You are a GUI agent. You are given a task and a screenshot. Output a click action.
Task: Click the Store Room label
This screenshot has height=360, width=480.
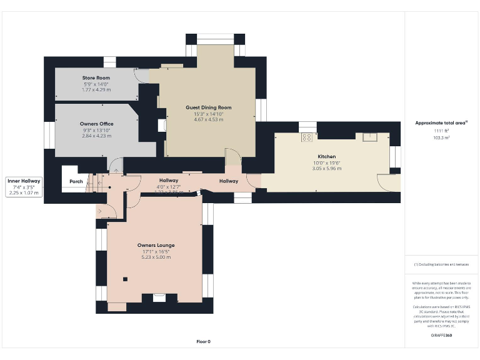click(96, 77)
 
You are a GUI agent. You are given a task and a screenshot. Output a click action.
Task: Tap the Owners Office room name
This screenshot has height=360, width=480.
click(96, 123)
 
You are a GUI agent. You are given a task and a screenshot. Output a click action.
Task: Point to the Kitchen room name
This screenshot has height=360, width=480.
click(326, 156)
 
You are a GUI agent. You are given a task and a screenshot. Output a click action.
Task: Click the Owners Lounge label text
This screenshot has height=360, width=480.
click(156, 245)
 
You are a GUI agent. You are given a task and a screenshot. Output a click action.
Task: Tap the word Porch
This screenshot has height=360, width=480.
click(76, 181)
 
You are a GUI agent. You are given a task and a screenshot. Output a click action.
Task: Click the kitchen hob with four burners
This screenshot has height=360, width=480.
click(307, 137)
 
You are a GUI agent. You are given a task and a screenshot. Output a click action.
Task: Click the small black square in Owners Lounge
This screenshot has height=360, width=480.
click(124, 279)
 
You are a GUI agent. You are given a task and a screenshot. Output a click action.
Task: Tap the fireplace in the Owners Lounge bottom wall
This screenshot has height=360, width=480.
click(159, 299)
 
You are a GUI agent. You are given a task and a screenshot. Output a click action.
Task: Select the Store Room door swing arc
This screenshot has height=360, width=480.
click(143, 75)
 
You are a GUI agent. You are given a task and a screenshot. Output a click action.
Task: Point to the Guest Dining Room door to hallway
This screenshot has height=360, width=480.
click(232, 157)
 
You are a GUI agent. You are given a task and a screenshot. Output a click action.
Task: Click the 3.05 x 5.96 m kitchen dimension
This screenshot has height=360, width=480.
click(326, 169)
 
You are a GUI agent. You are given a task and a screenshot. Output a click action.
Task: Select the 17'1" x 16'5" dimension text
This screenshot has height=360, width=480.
click(156, 251)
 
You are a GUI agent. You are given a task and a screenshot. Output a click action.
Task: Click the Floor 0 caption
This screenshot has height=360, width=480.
click(203, 341)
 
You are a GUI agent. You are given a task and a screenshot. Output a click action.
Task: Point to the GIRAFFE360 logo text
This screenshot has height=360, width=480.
click(441, 336)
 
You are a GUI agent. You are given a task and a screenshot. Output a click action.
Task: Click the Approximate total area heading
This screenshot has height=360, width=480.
click(441, 122)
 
